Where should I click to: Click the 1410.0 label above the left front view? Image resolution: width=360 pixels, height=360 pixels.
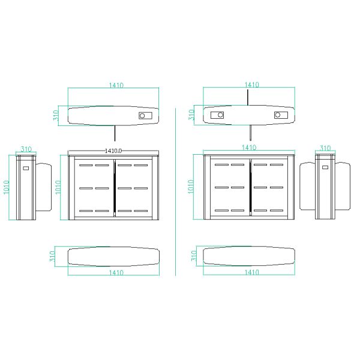pyautogui.click(x=113, y=151)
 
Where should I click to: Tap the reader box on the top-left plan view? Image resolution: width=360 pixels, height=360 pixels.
pyautogui.click(x=145, y=116)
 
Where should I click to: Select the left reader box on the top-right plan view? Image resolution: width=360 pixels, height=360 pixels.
pyautogui.click(x=216, y=115)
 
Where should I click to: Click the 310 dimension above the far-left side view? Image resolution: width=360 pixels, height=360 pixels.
pyautogui.click(x=26, y=149)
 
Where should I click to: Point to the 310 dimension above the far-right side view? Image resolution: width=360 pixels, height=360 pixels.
pyautogui.click(x=325, y=148)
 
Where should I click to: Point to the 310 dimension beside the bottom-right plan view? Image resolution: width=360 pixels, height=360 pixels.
pyautogui.click(x=193, y=257)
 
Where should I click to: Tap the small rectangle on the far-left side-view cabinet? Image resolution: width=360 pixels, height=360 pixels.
pyautogui.click(x=26, y=168)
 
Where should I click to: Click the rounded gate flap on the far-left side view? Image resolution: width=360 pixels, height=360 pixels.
pyautogui.click(x=44, y=187)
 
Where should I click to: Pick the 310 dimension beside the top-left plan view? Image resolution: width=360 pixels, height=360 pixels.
pyautogui.click(x=56, y=115)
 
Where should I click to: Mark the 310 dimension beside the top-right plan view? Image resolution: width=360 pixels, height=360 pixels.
pyautogui.click(x=192, y=115)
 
